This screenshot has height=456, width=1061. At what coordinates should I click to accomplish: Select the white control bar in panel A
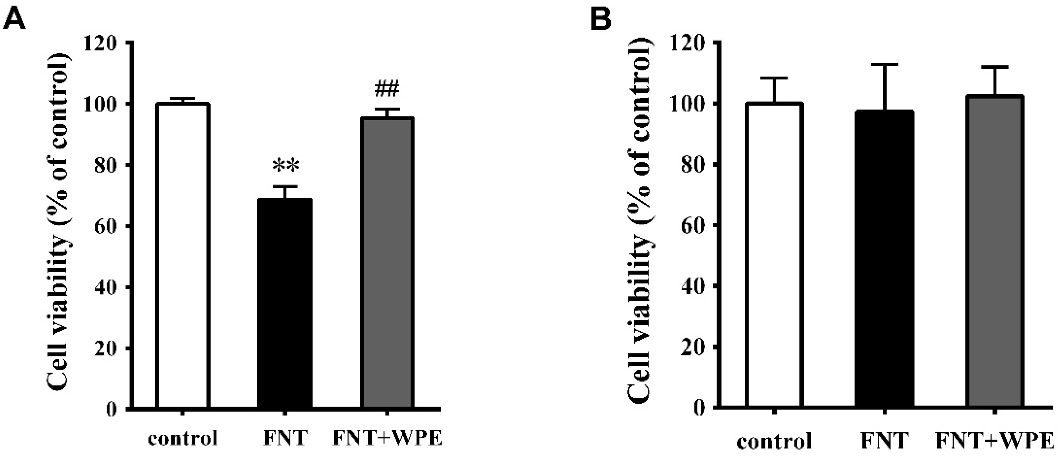(183, 256)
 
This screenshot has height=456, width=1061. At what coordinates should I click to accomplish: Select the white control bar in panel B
(774, 256)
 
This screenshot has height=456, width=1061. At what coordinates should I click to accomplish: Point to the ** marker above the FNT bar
(285, 166)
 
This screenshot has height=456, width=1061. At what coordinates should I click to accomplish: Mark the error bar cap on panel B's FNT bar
(884, 65)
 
